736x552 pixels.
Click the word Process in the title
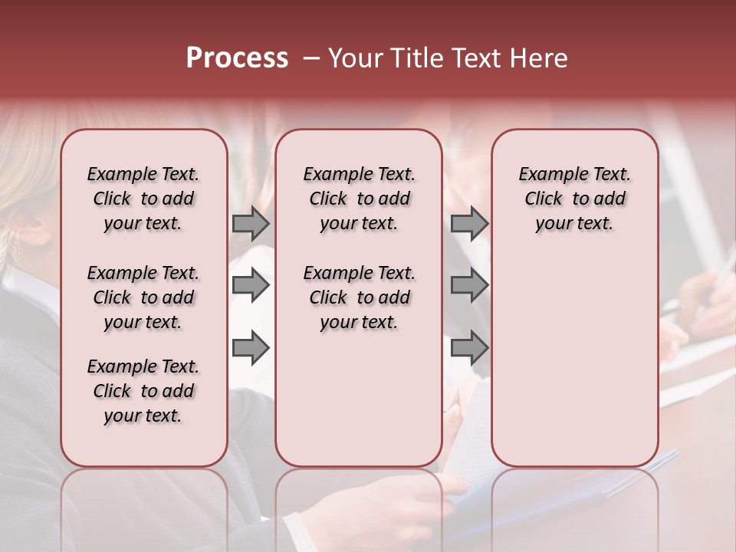(237, 58)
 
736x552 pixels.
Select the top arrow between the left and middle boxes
(251, 223)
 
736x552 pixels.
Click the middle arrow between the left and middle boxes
(251, 285)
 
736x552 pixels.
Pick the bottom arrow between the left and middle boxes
(251, 348)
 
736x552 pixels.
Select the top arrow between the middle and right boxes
(469, 223)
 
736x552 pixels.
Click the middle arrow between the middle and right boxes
(469, 285)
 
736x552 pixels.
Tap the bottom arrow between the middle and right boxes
(469, 348)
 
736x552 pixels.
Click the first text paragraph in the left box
(143, 199)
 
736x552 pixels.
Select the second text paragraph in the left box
(143, 297)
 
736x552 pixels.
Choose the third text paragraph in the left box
(143, 391)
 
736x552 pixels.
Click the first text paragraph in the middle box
(359, 199)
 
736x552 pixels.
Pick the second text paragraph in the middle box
(359, 297)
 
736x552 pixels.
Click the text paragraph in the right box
(574, 199)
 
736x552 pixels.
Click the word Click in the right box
(544, 199)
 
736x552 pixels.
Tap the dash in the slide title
(311, 58)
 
